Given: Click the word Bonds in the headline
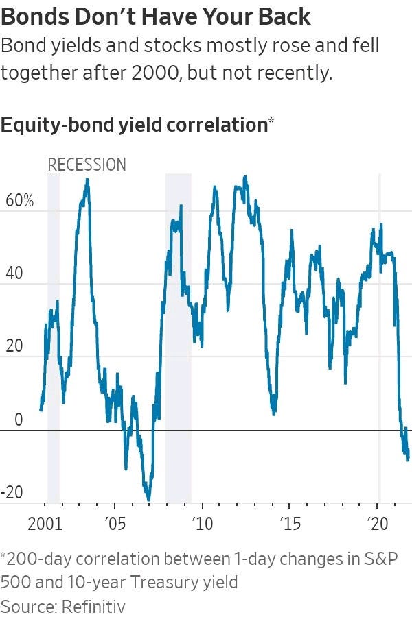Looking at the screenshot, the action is click(x=35, y=17).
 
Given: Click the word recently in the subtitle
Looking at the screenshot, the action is click(x=299, y=73).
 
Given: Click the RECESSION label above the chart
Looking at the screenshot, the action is click(x=87, y=165).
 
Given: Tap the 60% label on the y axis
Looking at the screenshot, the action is click(x=20, y=201).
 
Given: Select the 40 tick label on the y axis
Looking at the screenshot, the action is click(x=14, y=273).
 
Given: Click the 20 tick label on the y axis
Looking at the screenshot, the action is click(x=14, y=346).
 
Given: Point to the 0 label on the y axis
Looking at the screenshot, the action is click(x=19, y=420).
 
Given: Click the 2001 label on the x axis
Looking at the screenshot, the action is click(x=45, y=524).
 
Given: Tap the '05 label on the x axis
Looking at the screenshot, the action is click(x=115, y=524).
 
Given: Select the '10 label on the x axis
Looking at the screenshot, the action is click(x=203, y=524).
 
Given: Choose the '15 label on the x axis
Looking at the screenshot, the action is click(x=290, y=524).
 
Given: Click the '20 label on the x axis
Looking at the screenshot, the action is click(x=378, y=524).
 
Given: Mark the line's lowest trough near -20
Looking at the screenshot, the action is click(x=148, y=500).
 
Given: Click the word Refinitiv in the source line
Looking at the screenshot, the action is click(x=94, y=605).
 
